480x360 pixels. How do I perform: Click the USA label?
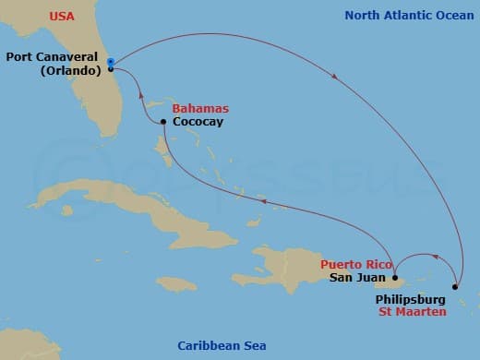point(62,15)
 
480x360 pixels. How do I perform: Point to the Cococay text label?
point(198,122)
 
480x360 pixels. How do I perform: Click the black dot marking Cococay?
point(163,122)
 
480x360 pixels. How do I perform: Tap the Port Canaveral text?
point(54,55)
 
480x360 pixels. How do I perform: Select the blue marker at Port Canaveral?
point(110,62)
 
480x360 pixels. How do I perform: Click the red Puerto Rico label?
point(353,263)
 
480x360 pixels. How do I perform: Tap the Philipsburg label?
point(410,300)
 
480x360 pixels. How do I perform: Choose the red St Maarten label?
point(412,313)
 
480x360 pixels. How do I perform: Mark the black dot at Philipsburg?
point(454,286)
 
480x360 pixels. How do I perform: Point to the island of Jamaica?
point(175,284)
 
